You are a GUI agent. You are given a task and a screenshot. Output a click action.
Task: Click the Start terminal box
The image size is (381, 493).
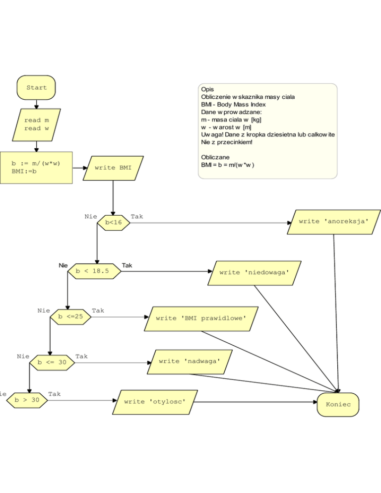click(36, 88)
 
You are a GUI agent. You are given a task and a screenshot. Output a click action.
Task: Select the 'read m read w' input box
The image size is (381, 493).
click(36, 124)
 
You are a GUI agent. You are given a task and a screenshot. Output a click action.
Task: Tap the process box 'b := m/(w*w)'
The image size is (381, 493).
click(36, 167)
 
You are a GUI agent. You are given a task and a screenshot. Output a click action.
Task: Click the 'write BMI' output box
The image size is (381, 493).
click(113, 168)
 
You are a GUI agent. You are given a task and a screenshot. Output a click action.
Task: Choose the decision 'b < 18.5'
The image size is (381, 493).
click(94, 271)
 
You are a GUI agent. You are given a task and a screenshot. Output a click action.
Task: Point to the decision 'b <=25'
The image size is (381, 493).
click(70, 316)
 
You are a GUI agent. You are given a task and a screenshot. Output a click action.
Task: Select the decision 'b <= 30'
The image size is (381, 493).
click(52, 363)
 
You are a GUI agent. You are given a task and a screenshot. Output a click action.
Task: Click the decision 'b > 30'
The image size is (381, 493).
click(27, 400)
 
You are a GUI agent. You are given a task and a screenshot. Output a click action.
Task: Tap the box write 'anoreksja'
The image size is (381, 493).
click(334, 222)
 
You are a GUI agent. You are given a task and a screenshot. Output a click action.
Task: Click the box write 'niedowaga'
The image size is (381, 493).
click(254, 273)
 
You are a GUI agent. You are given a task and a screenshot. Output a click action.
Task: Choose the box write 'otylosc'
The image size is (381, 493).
click(155, 401)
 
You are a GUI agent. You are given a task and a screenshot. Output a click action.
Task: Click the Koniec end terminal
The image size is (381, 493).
click(338, 405)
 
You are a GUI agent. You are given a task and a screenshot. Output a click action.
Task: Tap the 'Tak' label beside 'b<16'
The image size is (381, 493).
click(136, 217)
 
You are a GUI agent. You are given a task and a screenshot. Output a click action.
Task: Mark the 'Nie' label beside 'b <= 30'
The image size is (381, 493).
click(23, 356)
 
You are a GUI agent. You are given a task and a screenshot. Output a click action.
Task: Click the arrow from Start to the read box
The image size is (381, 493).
click(36, 104)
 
